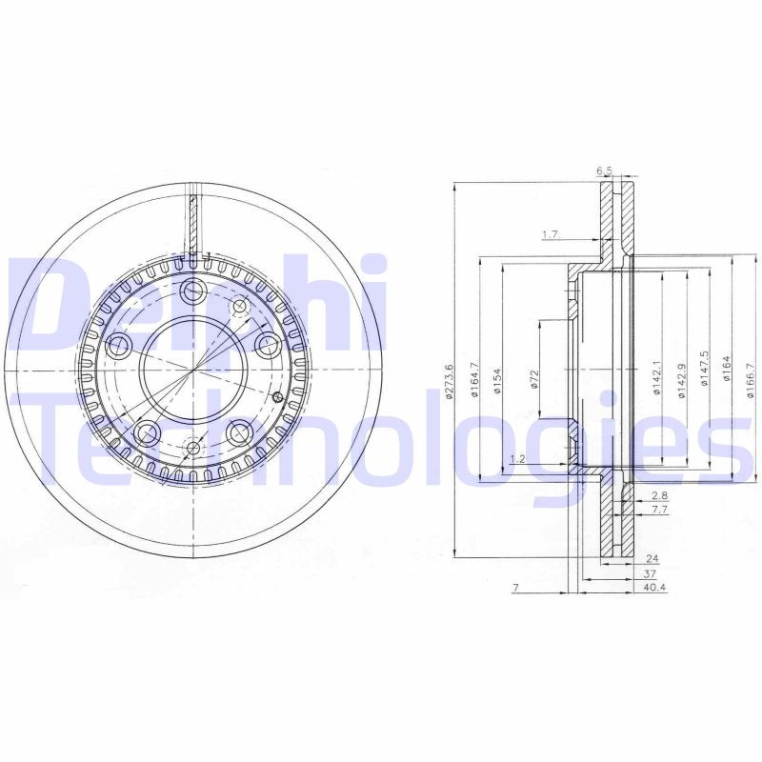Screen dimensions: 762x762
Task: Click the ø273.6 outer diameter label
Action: [449, 382]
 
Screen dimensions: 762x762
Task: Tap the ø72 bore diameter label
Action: [535, 380]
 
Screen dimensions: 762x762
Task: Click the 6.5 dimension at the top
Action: [604, 171]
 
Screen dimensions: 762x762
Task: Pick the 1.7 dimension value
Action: [550, 234]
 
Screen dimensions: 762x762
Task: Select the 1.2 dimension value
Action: [518, 459]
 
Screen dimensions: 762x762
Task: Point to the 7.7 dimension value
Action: [659, 511]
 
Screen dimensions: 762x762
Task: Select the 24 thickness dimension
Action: [652, 557]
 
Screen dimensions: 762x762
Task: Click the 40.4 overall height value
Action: [654, 588]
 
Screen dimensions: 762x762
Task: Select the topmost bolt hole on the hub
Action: [193, 291]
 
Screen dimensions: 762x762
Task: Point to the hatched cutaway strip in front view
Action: [193, 225]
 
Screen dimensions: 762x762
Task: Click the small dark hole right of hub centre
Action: [277, 397]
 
